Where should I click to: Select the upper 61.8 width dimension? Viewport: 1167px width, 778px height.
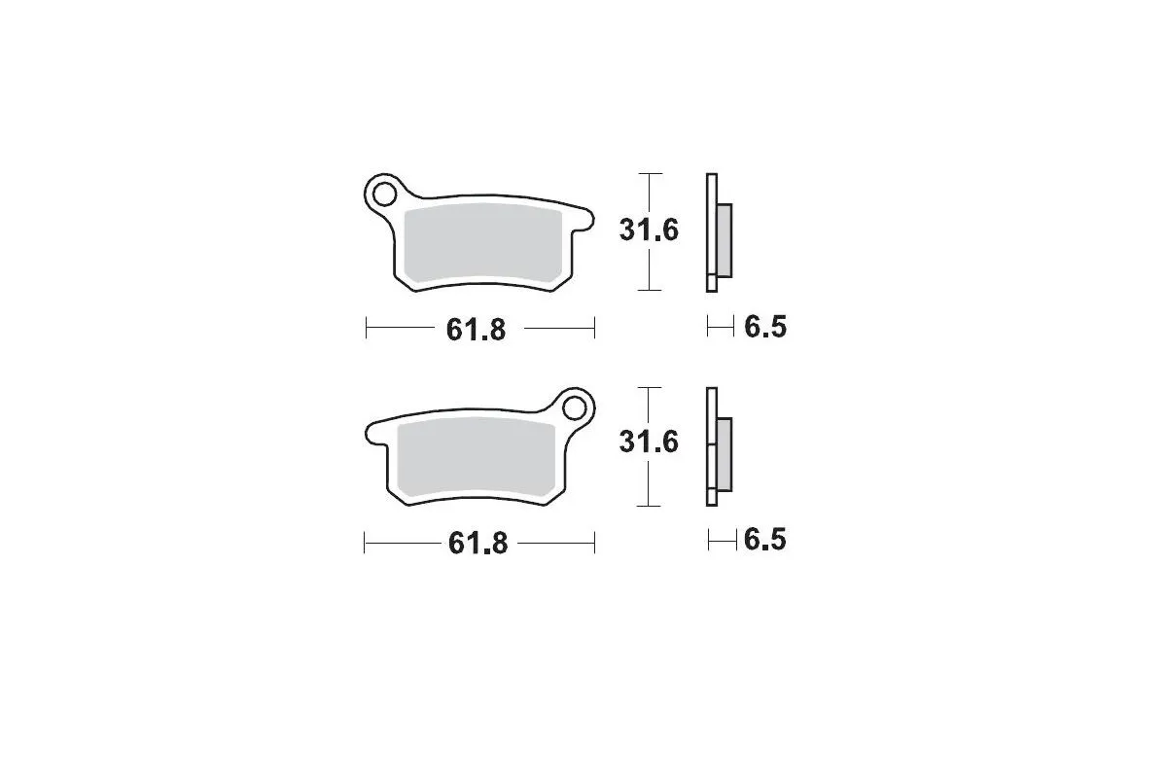(x=477, y=330)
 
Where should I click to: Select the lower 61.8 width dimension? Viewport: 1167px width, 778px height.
(x=477, y=543)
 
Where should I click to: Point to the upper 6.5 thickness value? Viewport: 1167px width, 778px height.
(x=764, y=328)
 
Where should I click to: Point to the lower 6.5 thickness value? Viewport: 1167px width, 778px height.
(x=764, y=540)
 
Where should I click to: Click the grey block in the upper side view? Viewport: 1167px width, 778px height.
(x=725, y=239)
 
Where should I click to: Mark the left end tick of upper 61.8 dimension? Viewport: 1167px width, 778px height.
(x=366, y=329)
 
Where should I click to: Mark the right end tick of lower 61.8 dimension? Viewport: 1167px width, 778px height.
(x=594, y=542)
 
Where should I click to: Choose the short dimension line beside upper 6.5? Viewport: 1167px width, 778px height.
(x=720, y=328)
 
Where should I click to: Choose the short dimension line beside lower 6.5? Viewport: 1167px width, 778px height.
(x=721, y=540)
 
